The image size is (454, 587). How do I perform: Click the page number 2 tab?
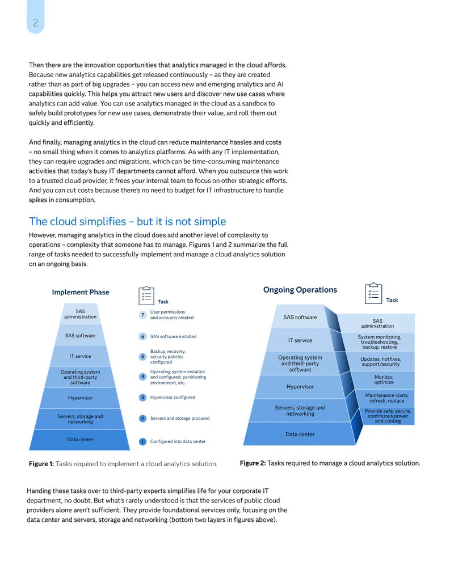(36, 17)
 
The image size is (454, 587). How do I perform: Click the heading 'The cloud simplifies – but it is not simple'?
(127, 222)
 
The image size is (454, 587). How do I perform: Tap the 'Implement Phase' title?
(81, 292)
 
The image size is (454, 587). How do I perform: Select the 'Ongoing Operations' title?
(300, 290)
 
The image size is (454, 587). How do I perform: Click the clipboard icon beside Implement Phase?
(146, 295)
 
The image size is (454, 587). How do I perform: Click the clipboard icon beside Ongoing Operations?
(373, 293)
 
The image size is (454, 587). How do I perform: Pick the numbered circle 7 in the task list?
(142, 315)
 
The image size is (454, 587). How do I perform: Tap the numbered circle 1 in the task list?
(142, 442)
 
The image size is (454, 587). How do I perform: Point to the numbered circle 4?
(142, 377)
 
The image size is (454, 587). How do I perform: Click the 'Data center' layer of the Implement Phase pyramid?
(80, 440)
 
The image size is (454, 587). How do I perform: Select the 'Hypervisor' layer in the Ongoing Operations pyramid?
(300, 387)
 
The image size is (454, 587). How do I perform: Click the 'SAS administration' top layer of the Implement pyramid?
(80, 314)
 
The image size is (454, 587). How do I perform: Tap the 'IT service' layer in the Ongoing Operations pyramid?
(300, 340)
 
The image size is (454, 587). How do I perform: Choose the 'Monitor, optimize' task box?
(384, 379)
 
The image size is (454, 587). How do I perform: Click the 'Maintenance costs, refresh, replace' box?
(386, 398)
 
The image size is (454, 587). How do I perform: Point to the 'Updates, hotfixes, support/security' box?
(380, 361)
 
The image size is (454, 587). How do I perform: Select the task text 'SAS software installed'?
(174, 336)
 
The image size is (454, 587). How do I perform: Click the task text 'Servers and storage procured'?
(180, 419)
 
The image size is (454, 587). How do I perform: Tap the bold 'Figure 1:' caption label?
(41, 464)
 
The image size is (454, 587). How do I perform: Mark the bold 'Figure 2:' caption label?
(253, 463)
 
